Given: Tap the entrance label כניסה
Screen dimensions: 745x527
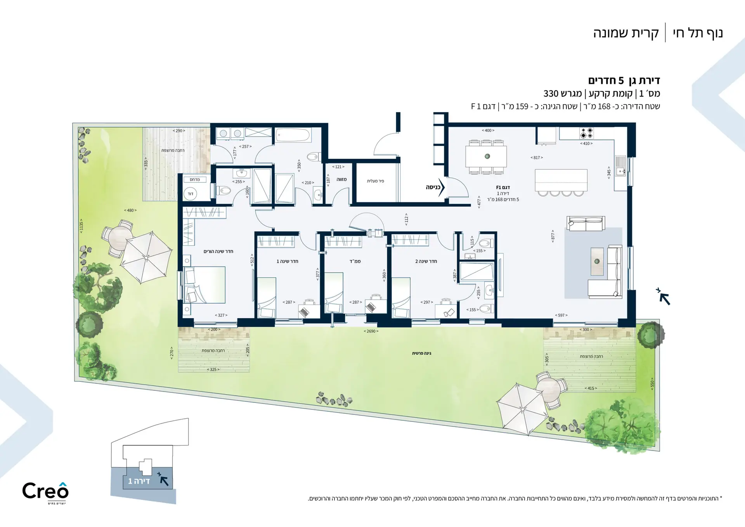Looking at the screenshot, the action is tap(433, 187).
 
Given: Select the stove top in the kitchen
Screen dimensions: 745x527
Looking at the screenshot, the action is tap(586, 133).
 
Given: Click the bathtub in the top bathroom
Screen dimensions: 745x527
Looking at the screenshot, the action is tap(293, 135).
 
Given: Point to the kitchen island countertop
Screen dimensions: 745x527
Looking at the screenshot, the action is tap(561, 180).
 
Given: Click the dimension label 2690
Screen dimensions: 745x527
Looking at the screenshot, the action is tap(371, 331).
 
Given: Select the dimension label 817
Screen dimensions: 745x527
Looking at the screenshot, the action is tap(537, 158).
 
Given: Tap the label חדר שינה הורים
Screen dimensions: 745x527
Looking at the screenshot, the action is tap(218, 251).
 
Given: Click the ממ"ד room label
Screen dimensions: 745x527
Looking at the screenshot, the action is tap(355, 261).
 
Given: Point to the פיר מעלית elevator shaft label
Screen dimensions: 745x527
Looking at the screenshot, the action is tap(375, 181).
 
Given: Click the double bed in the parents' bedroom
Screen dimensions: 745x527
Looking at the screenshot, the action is tap(204, 284).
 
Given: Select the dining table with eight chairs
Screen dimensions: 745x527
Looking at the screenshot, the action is tap(486, 156).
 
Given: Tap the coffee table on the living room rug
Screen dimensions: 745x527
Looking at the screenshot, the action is tap(597, 261).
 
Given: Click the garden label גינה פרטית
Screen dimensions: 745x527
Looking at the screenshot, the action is tap(421, 353).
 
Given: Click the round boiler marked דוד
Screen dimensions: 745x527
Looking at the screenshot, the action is tap(190, 194).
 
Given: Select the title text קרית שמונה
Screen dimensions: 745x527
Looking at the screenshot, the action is tap(626, 33).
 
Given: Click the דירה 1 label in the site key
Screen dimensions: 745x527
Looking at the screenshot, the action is tap(139, 481).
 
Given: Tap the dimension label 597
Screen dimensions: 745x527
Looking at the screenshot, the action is tap(561, 315).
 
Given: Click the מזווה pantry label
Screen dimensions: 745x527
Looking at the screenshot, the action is tap(341, 179).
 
